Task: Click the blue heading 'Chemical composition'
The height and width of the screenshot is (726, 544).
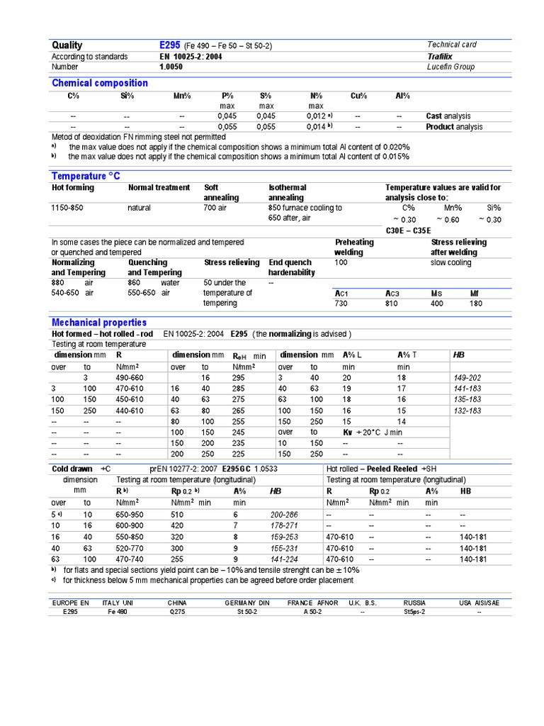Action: [100, 83]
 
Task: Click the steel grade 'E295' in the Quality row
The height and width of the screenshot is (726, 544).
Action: [171, 45]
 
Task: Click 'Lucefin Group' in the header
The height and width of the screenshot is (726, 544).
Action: [450, 67]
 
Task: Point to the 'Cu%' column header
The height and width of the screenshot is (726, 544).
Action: [358, 96]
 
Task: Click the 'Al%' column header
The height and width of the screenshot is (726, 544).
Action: [402, 96]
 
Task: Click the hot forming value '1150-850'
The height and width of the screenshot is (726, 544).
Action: [67, 208]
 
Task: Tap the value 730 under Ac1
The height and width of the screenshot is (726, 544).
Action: [342, 303]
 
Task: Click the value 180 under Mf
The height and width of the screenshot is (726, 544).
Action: [476, 303]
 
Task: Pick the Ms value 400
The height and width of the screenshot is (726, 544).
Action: [437, 303]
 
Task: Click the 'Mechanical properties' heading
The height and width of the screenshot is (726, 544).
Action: [99, 323]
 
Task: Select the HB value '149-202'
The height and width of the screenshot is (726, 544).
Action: [467, 378]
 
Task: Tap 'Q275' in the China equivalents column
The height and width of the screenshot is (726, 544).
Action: [176, 612]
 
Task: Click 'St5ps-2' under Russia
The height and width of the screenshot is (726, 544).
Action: [414, 612]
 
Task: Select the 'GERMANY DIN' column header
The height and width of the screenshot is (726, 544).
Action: [247, 603]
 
